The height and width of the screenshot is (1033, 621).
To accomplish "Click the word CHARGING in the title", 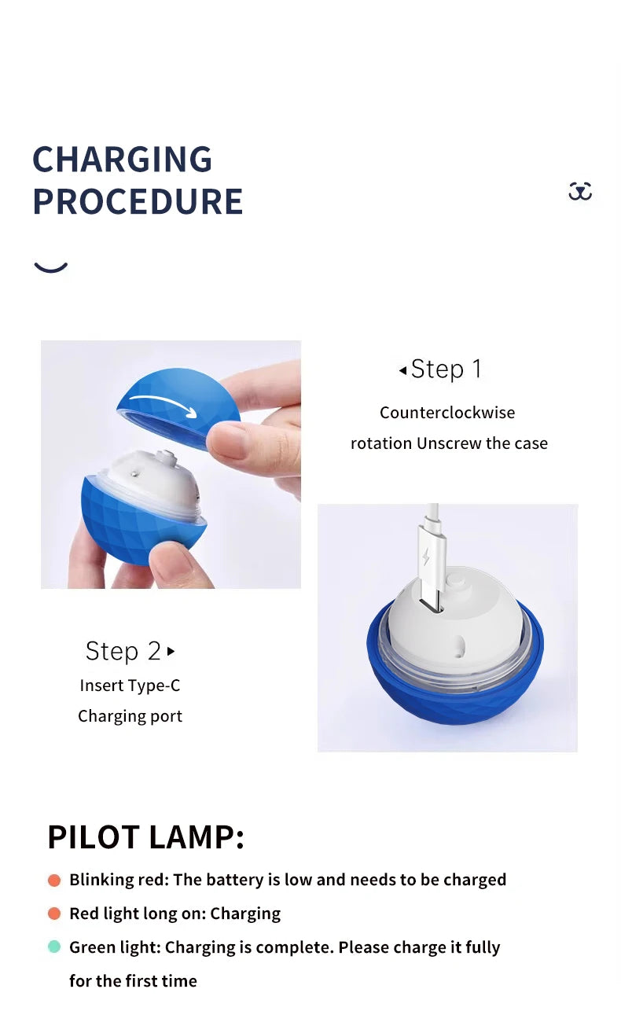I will tap(122, 160).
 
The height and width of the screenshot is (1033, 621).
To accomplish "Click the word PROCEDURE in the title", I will tap(138, 201).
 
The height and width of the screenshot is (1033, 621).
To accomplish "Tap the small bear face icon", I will tap(580, 191).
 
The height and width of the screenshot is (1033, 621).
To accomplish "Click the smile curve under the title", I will tap(51, 267).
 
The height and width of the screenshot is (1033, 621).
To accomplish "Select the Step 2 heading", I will tap(123, 651).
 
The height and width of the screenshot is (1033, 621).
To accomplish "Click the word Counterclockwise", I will tap(447, 413).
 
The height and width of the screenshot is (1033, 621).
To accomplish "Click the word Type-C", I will tap(153, 686).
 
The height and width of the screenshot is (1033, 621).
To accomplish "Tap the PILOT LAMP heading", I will tap(145, 837).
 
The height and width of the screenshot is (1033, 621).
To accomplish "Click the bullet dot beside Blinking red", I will tap(54, 880).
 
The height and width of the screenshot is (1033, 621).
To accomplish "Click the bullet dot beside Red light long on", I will tap(54, 914).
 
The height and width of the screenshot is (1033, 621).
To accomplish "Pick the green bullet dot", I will tap(54, 947).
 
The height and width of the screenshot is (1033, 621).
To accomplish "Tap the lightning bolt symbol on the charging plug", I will tap(427, 557).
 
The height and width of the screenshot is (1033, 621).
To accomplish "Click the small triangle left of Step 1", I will tap(402, 369).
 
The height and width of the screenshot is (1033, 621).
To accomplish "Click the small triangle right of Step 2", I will tap(171, 651).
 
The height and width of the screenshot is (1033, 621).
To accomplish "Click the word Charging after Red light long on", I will tap(245, 914).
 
